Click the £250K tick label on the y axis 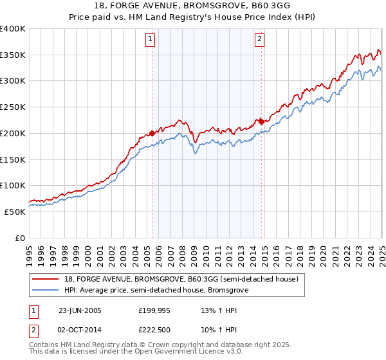pos(13,107)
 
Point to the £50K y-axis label pos(15,212)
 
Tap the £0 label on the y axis pos(21,238)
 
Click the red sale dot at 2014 pos(261,121)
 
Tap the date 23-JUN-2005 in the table pos(80,310)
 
